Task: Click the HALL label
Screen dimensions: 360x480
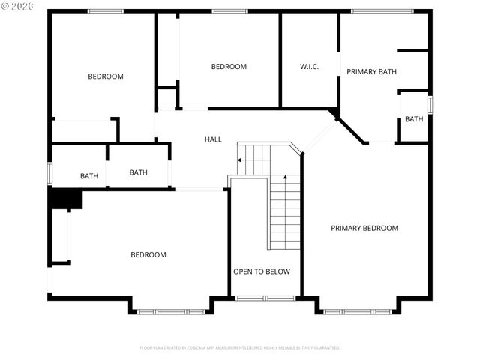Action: pos(213,139)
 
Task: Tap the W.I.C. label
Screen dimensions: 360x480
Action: pos(310,67)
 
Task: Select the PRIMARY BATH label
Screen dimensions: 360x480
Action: pos(371,72)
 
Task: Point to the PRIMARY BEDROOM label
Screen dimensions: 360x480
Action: pos(364,228)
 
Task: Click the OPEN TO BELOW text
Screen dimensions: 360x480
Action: pos(261,271)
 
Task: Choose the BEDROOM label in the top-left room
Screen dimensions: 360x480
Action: pos(106,76)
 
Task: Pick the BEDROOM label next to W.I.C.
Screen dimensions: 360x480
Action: pos(229,67)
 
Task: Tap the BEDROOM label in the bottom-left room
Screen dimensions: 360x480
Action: pos(148,255)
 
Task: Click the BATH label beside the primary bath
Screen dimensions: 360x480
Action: pos(414,119)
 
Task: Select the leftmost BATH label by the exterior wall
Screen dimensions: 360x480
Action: pos(89,176)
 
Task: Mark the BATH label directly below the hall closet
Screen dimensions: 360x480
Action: pos(139,172)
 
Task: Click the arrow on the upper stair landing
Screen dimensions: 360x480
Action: pos(240,160)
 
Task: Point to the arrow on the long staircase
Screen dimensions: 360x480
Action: pos(285,177)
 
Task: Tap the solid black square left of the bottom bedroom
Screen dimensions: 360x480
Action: pos(65,199)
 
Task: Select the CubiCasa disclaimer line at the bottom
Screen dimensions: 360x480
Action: pos(240,348)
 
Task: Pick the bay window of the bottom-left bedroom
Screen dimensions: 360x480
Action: pos(170,310)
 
